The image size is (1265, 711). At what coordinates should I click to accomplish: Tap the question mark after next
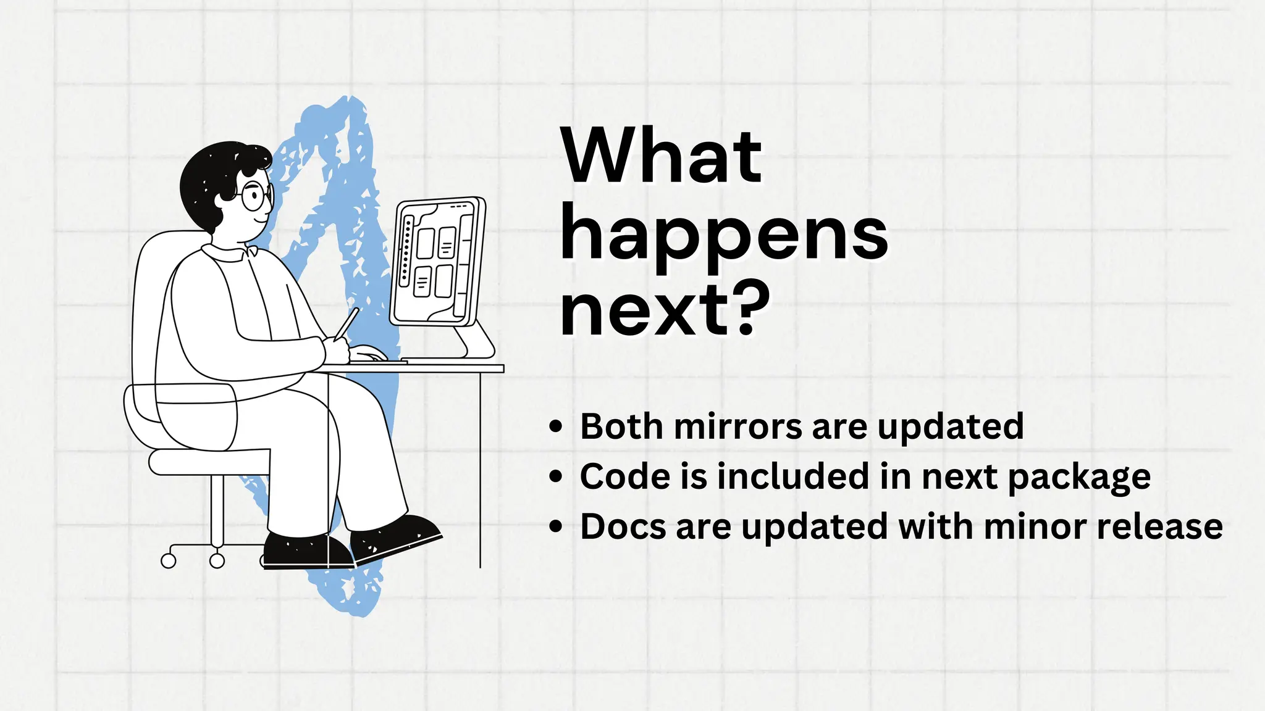coord(754,308)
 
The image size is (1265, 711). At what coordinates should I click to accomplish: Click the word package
coord(1079,478)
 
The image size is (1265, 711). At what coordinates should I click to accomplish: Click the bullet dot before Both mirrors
coord(556,426)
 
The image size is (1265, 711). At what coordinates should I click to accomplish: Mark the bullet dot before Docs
coord(556,526)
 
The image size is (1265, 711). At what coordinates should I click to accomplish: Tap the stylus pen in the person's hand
coord(347,323)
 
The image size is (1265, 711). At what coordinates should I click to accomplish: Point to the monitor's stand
coord(473,343)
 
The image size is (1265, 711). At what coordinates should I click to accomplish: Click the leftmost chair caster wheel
coord(168,560)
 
